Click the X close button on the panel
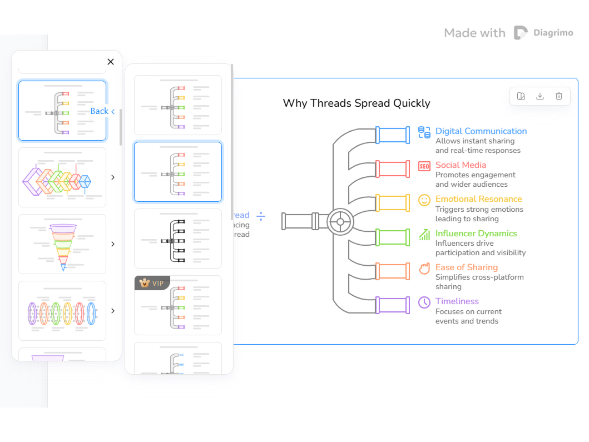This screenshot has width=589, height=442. pyautogui.click(x=111, y=62)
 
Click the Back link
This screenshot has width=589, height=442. pyautogui.click(x=102, y=111)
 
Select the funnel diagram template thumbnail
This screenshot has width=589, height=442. pyautogui.click(x=62, y=244)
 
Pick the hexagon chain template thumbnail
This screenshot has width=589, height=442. pyautogui.click(x=62, y=177)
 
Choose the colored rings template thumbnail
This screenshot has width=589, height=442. pyautogui.click(x=62, y=311)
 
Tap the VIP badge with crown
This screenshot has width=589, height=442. pyautogui.click(x=152, y=283)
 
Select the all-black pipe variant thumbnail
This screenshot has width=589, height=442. pyautogui.click(x=178, y=239)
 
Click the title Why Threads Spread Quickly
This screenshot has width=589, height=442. pyautogui.click(x=357, y=103)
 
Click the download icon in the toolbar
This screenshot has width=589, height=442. pyautogui.click(x=540, y=96)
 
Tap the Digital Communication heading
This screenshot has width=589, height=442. pyautogui.click(x=481, y=131)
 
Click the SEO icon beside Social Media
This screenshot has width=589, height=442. pyautogui.click(x=424, y=166)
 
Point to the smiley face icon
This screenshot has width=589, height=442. pyautogui.click(x=424, y=200)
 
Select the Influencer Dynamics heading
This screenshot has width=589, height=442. pyautogui.click(x=476, y=234)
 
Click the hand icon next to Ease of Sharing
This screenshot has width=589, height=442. pyautogui.click(x=424, y=269)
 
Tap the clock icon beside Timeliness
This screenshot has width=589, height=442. pyautogui.click(x=424, y=302)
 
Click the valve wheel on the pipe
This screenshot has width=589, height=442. pyautogui.click(x=340, y=221)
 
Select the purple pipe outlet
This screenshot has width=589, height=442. pyautogui.click(x=393, y=305)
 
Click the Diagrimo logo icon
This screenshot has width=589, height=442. pyautogui.click(x=521, y=33)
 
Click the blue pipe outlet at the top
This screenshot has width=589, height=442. pyautogui.click(x=393, y=135)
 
